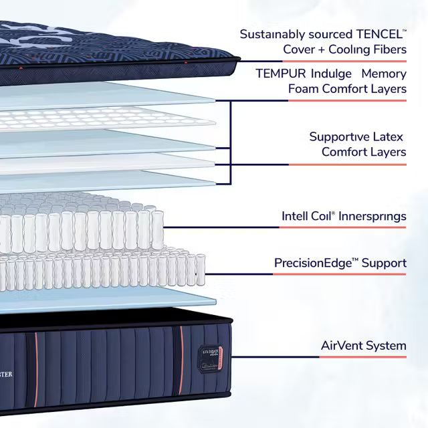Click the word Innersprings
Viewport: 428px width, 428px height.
pos(373,216)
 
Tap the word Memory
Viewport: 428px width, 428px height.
pos(384,73)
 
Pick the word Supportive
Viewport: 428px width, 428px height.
pos(336,136)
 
